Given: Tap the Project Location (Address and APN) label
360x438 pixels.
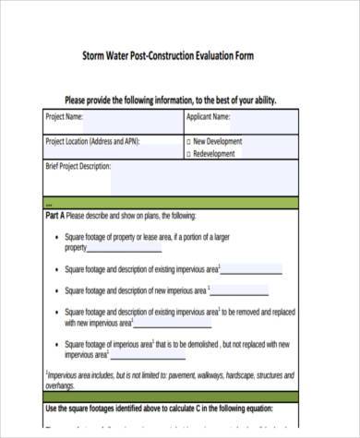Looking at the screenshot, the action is [101, 142].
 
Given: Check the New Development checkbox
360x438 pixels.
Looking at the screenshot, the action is [188, 142].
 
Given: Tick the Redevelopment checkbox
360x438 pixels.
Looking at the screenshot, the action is [188, 154].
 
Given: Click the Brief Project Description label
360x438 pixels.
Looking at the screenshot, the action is [78, 167].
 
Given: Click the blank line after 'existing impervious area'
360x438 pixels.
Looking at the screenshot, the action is [252, 270].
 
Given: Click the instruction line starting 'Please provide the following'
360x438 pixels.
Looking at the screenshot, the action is [171, 100].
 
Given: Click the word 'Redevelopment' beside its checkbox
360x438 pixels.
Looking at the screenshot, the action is [219, 154].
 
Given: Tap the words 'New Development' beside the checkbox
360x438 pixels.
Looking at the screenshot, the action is [219, 142].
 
